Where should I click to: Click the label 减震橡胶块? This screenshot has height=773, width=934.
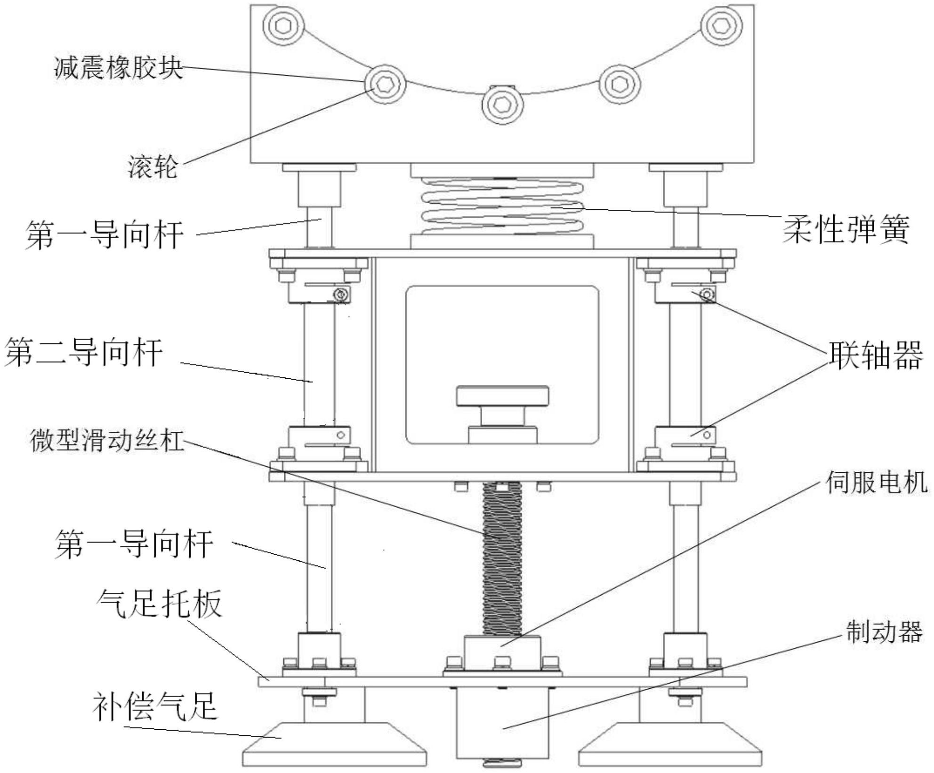[x=118, y=67]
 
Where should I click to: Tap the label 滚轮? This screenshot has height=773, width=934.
[x=153, y=167]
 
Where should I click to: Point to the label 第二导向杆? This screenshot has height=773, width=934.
[x=84, y=352]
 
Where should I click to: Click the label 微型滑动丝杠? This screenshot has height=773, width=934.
[x=107, y=440]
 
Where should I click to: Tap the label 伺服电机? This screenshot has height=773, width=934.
[x=876, y=483]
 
